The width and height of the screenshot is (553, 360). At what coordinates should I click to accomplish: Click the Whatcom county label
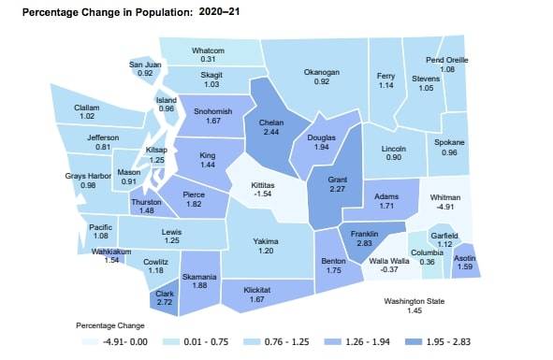point(209,50)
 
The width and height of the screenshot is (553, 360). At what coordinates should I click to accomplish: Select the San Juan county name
point(145,64)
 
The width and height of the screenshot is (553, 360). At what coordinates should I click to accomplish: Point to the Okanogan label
point(322,71)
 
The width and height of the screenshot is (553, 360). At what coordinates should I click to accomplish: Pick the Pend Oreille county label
point(446,59)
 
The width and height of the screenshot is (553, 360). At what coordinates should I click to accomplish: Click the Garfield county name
point(444,235)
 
